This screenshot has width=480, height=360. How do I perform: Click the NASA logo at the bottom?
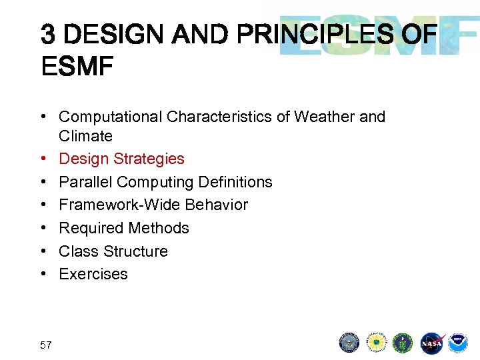tap(431, 343)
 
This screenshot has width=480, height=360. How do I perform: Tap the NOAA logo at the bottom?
tap(458, 343)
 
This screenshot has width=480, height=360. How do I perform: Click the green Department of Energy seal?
tap(403, 343)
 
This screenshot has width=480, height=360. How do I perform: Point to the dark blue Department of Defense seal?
tap(349, 343)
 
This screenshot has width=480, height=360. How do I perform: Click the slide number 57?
tap(46, 345)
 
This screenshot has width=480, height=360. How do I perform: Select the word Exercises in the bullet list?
tap(93, 274)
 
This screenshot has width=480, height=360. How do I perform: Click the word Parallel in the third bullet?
tap(83, 182)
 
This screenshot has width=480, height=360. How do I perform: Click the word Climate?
tap(85, 136)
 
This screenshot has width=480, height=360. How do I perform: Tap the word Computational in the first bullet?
tap(111, 117)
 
